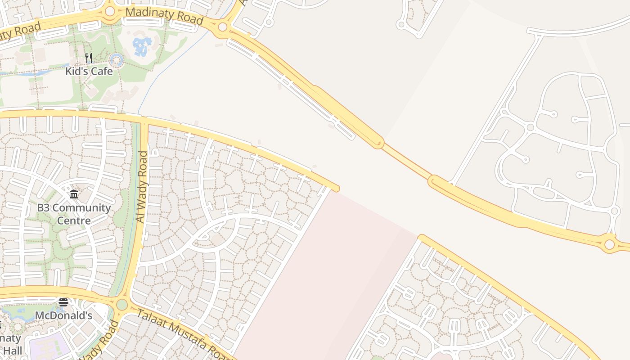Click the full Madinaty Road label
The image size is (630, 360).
click(x=164, y=16)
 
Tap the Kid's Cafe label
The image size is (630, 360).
click(x=89, y=71)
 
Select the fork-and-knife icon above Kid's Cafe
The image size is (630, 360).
click(x=89, y=58)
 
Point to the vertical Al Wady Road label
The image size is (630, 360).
click(x=142, y=187)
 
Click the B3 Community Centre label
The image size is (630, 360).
click(x=74, y=214)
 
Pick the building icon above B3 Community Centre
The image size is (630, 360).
click(x=74, y=194)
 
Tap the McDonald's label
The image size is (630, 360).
click(x=63, y=316)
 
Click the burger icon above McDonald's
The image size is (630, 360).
click(x=63, y=302)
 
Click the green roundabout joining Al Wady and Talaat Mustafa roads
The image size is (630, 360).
click(x=122, y=305)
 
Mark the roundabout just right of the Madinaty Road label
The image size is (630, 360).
click(x=222, y=27)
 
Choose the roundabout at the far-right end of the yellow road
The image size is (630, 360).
click(x=609, y=244)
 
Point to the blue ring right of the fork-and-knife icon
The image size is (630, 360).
click(x=117, y=59)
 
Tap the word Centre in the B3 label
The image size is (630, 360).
click(x=74, y=221)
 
